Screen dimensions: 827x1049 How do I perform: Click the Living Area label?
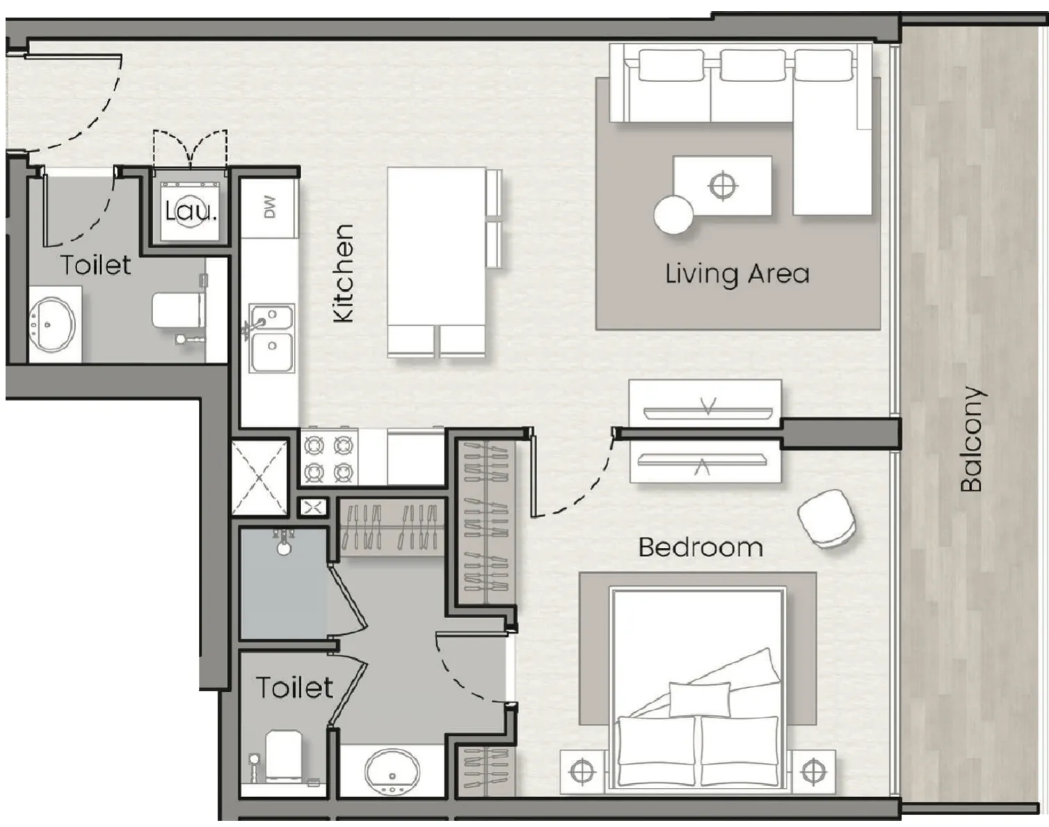click(x=737, y=274)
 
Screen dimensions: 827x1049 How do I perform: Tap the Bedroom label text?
click(x=700, y=547)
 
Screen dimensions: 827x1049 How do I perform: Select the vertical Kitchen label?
click(x=344, y=273)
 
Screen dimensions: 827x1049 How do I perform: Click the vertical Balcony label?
click(x=972, y=439)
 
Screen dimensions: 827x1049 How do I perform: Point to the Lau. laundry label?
click(x=191, y=211)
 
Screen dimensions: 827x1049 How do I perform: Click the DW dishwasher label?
click(x=270, y=207)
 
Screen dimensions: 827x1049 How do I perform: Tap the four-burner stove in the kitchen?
click(x=330, y=459)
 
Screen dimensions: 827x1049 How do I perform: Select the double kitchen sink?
click(x=271, y=338)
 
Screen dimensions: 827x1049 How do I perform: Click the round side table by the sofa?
click(x=673, y=214)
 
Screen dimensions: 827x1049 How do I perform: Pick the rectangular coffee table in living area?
click(x=722, y=185)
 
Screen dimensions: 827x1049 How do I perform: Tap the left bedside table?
click(x=583, y=771)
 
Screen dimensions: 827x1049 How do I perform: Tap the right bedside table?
click(x=812, y=771)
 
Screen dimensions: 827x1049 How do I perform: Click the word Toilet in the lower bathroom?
click(x=295, y=688)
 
